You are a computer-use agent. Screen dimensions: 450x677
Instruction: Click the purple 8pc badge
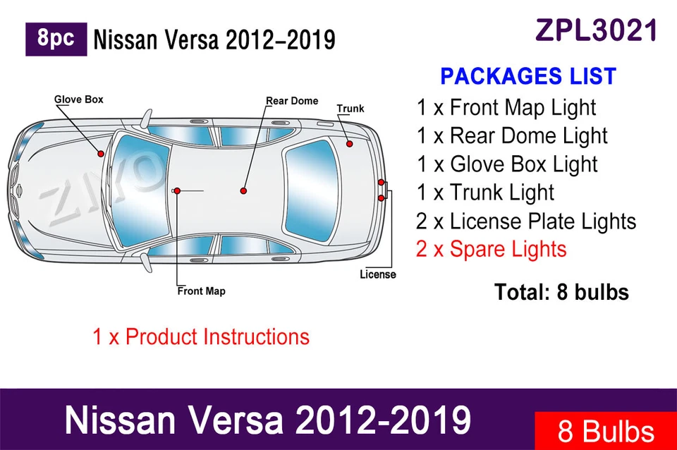point(56,39)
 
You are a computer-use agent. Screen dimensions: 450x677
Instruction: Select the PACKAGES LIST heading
point(528,76)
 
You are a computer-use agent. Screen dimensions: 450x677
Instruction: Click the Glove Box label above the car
point(79,99)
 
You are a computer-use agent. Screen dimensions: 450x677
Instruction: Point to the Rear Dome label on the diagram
point(292,101)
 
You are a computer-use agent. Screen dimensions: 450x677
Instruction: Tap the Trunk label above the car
point(350,109)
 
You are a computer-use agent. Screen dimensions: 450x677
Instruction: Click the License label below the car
point(378,274)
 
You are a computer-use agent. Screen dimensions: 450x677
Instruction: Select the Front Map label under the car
point(202,291)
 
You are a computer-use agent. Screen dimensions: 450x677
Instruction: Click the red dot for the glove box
point(102,154)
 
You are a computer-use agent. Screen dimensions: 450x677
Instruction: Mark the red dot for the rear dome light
point(243,190)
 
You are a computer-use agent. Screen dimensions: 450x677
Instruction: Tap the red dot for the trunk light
point(349,144)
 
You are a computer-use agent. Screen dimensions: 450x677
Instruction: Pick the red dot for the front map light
point(178,191)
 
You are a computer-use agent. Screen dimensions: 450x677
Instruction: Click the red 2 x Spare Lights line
point(491,249)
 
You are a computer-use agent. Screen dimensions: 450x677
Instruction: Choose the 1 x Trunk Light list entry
point(485,193)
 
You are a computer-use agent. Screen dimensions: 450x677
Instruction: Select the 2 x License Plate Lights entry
point(526,221)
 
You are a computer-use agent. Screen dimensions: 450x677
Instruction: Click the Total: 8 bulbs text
point(561,291)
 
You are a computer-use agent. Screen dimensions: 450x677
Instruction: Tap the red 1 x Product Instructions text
point(201,336)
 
